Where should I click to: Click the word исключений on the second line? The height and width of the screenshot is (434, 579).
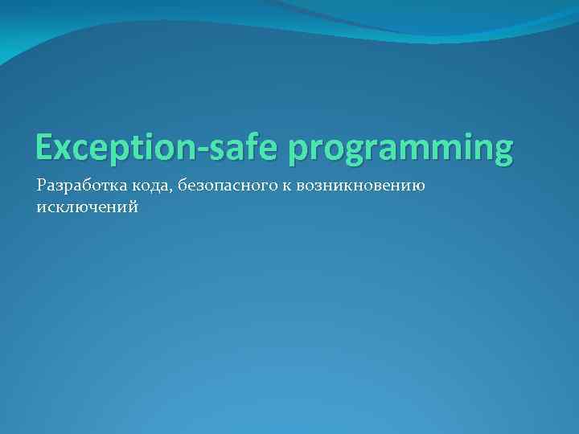point(87,207)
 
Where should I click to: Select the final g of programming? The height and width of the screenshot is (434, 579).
point(502,153)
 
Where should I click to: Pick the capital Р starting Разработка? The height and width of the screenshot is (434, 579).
point(41,186)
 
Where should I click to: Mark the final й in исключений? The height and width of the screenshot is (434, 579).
point(133,207)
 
